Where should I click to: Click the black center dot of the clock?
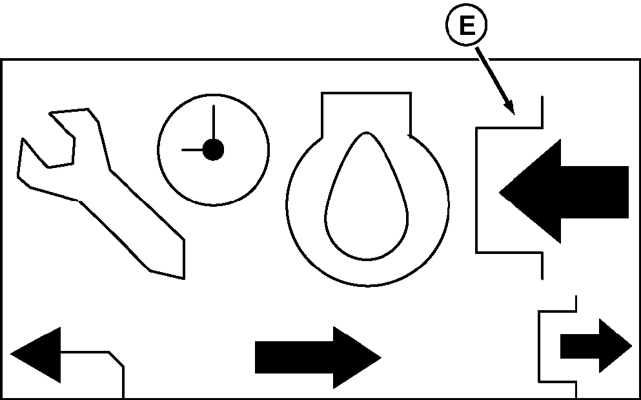[213, 150]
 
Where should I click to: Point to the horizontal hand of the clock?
[194, 150]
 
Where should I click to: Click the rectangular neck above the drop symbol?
[366, 113]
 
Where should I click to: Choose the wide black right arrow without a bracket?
[316, 357]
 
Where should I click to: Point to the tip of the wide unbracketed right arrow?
[379, 357]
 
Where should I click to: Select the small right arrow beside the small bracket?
[595, 346]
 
